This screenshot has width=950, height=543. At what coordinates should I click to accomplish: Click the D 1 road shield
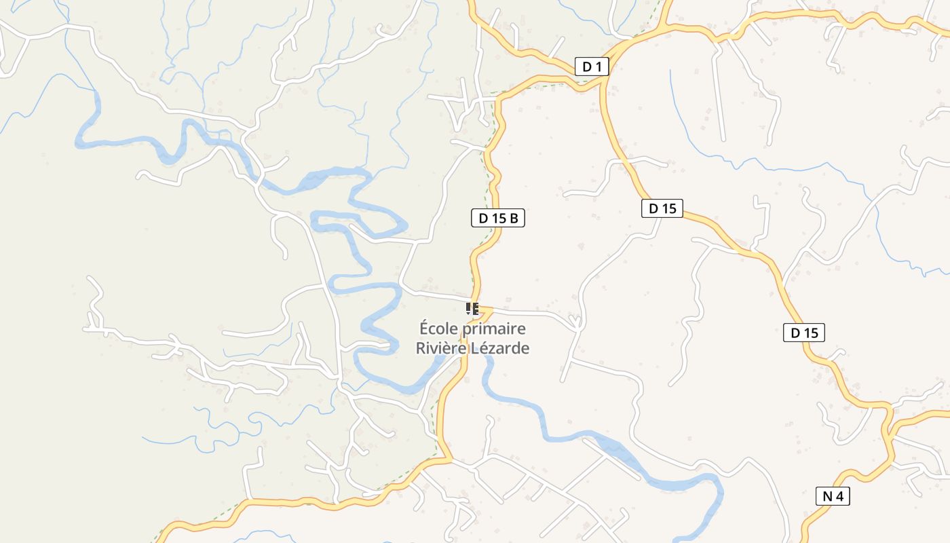click(592, 67)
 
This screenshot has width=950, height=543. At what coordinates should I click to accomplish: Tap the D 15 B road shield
click(498, 218)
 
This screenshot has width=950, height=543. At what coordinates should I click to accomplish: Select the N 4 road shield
click(833, 496)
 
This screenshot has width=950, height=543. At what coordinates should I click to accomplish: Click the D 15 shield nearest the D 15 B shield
click(662, 208)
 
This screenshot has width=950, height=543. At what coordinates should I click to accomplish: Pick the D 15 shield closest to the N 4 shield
click(804, 333)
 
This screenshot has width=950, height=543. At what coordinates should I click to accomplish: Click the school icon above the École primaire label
click(473, 310)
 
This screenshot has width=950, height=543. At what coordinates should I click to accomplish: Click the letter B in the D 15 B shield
click(514, 218)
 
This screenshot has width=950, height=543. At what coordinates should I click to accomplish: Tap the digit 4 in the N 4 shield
click(839, 496)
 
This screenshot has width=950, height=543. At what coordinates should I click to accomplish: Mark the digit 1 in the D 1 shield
click(598, 67)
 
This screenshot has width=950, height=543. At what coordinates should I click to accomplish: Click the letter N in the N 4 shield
click(827, 496)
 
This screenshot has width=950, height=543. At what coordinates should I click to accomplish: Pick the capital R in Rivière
click(421, 348)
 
